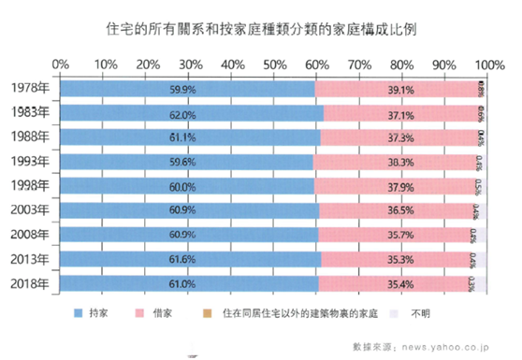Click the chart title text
[261, 29]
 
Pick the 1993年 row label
[29, 162]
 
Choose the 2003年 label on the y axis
[29, 210]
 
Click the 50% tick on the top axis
[274, 64]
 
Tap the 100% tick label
[488, 64]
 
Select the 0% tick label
[61, 64]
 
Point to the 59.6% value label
[182, 162]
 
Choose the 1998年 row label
[29, 186]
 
